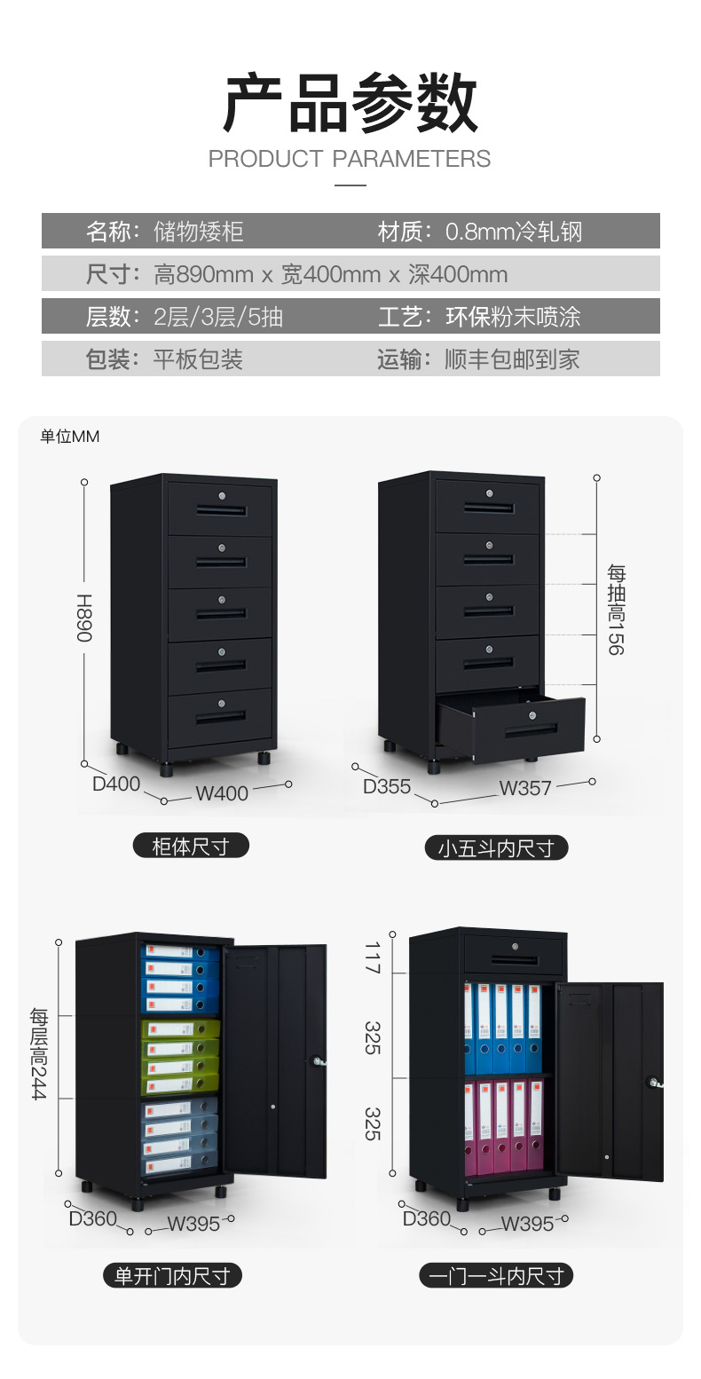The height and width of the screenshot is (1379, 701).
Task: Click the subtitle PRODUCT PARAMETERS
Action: [x=350, y=159]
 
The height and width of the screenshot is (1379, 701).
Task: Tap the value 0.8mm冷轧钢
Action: [x=513, y=232]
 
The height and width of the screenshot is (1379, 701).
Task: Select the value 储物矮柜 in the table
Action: [x=198, y=232]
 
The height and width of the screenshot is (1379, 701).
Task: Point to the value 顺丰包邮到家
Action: [x=512, y=359]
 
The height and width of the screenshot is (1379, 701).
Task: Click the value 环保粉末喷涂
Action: [x=512, y=317]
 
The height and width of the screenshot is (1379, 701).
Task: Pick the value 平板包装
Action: [x=198, y=359]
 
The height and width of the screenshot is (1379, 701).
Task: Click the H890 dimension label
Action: [x=83, y=619]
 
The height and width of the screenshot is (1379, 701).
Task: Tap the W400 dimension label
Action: [x=222, y=792]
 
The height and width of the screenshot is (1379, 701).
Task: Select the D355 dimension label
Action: [x=387, y=786]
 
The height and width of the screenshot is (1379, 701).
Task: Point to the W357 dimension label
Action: [x=525, y=788]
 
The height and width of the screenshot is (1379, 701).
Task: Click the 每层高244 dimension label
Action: [x=39, y=1053]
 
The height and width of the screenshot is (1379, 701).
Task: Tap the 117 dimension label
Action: [x=373, y=957]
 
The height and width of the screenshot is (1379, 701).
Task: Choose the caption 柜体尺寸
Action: [x=191, y=847]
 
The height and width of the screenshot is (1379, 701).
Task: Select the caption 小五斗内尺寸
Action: [x=496, y=848]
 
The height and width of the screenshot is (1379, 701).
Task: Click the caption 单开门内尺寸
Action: [x=172, y=1276]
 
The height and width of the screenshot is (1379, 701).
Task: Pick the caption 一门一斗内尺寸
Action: [x=496, y=1276]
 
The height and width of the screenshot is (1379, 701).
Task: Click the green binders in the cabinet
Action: [x=180, y=1056]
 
